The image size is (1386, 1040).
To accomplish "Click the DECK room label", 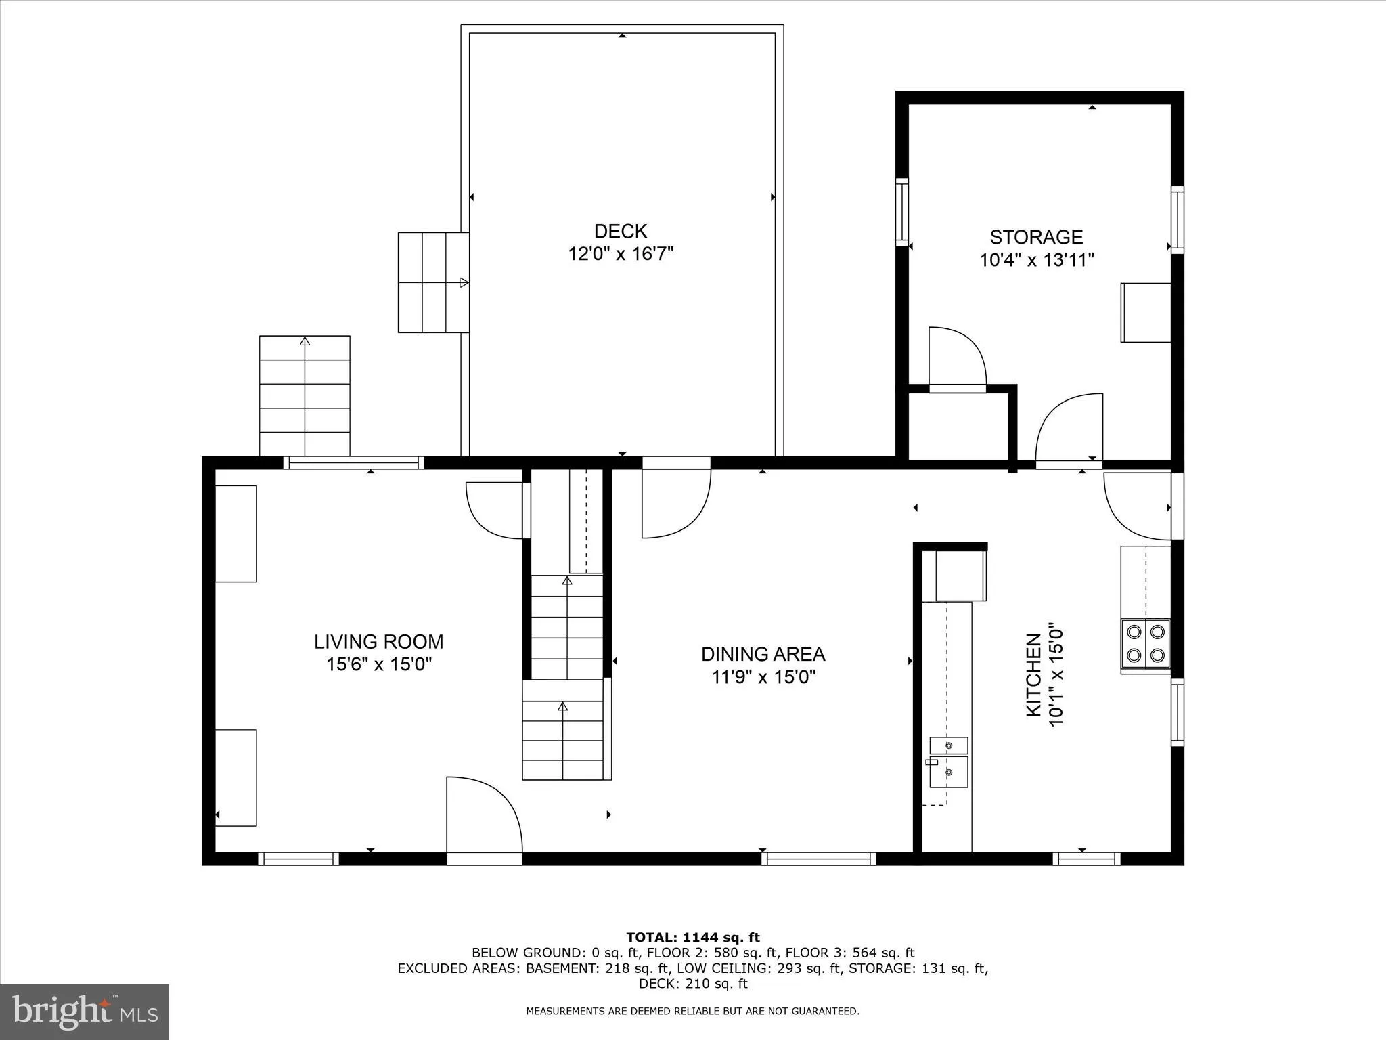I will click(x=621, y=232).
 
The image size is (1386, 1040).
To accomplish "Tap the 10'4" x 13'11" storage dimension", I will click(x=1036, y=260).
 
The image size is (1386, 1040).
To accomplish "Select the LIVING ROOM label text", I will click(x=378, y=641).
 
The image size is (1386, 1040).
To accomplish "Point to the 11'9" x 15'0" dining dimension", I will click(x=763, y=677).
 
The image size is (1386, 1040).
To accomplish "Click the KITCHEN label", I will click(x=1033, y=674).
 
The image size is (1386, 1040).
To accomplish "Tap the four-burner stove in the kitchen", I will click(x=1145, y=643).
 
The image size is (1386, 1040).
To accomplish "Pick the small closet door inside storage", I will click(x=956, y=357).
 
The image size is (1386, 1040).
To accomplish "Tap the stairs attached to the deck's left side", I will click(x=433, y=282).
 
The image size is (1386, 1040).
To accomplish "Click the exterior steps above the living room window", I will click(x=305, y=395).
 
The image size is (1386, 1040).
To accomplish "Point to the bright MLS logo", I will click(x=85, y=1012).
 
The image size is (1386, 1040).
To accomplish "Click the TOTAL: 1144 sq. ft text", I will click(x=692, y=938).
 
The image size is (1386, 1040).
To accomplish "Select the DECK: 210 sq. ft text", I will click(x=692, y=984).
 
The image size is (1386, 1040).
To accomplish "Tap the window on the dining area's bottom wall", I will click(x=818, y=859).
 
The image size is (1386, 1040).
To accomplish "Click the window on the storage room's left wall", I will click(x=902, y=212).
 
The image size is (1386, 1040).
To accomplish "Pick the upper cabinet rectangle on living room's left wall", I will click(x=236, y=534).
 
